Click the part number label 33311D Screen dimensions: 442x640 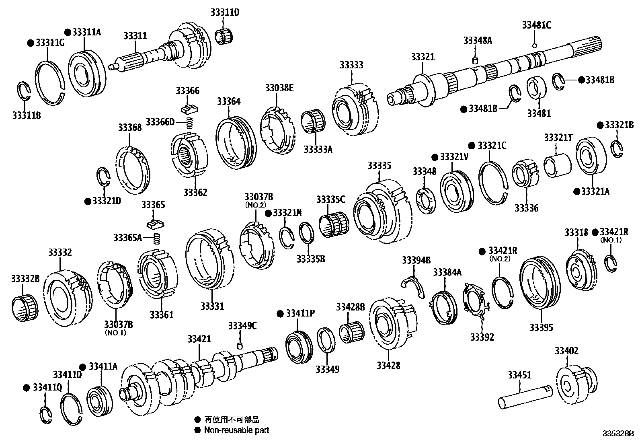point(224,12)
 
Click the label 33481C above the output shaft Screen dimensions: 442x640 point(536,25)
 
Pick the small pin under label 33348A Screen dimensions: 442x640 point(474,61)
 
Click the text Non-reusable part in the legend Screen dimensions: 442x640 point(236,430)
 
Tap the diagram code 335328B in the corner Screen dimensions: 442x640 point(617,434)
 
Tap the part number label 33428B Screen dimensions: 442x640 point(350,308)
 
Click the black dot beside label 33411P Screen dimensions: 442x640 point(281,313)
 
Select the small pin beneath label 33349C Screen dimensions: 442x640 point(240,346)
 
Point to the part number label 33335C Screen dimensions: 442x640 point(330,199)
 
